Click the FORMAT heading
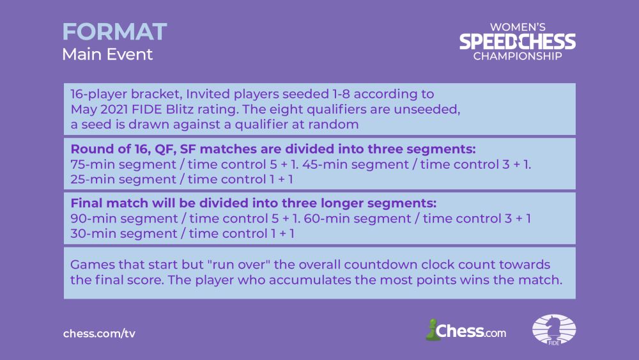114,32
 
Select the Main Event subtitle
107,54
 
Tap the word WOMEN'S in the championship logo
518,27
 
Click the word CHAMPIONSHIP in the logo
518,56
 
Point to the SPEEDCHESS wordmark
518,42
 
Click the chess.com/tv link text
99,334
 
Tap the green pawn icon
432,329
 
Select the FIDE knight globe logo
554,329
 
